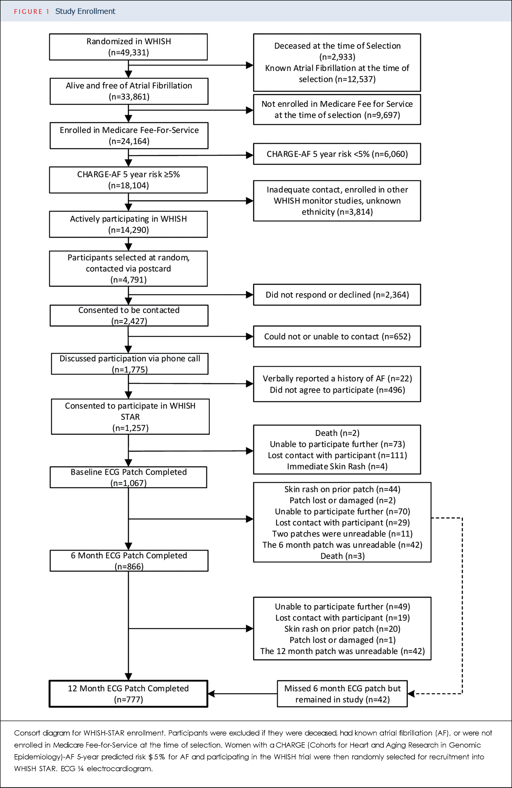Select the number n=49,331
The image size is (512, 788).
click(129, 52)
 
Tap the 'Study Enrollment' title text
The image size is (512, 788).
click(85, 11)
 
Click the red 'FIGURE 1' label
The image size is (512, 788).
click(31, 12)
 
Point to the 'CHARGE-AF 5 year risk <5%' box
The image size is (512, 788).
click(337, 154)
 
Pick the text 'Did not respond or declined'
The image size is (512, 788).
click(318, 295)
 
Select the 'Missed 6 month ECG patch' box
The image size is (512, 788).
click(342, 694)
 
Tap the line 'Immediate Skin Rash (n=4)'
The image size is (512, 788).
click(337, 466)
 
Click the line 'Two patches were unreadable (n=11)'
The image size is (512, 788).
click(342, 534)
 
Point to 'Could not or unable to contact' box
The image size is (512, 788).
click(337, 336)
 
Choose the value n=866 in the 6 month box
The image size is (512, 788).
click(129, 567)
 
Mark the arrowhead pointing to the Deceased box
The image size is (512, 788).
click(250, 65)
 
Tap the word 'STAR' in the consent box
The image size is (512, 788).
click(130, 417)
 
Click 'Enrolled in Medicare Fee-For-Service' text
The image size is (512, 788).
click(129, 130)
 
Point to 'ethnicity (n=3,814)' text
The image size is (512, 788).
click(337, 212)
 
